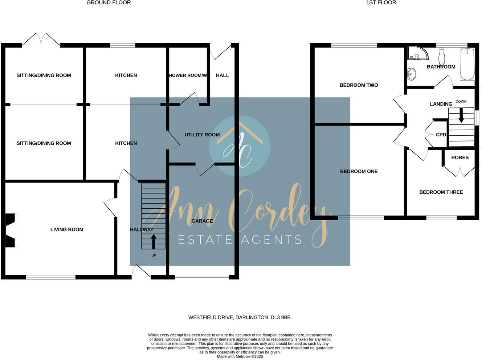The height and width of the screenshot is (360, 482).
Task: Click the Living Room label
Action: (67, 229)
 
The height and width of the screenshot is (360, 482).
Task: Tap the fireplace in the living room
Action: (11, 230)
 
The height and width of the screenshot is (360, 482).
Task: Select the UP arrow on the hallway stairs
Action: (154, 241)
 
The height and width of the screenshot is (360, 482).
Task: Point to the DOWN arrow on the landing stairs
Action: (461, 117)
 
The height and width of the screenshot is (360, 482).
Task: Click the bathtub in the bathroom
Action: (467, 65)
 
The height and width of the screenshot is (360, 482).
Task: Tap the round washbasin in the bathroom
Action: (412, 74)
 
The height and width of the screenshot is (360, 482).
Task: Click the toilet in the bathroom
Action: (442, 57)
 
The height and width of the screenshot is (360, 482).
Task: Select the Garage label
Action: (202, 221)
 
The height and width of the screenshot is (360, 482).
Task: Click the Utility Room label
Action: (202, 135)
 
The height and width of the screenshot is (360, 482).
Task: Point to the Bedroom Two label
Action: (359, 85)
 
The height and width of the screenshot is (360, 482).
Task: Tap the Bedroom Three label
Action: (441, 192)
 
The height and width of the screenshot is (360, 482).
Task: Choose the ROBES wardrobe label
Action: (460, 157)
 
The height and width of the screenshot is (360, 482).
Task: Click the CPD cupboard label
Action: (441, 135)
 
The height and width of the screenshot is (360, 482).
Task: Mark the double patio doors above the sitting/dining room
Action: (41, 39)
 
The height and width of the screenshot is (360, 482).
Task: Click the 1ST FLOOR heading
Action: (381, 3)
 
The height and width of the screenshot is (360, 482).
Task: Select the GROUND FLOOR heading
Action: (109, 3)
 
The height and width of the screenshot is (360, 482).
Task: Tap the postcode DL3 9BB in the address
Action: (281, 318)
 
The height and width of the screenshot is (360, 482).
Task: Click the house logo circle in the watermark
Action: (240, 146)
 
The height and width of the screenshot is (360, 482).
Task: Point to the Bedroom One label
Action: (359, 171)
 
